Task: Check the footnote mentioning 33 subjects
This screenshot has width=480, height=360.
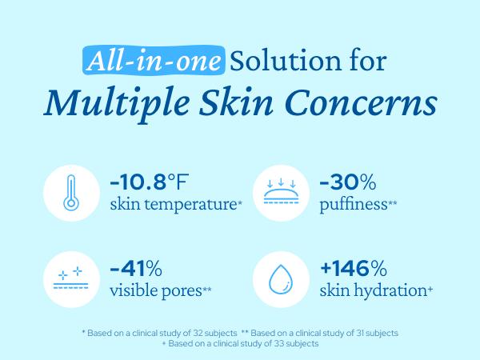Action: (x=240, y=343)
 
